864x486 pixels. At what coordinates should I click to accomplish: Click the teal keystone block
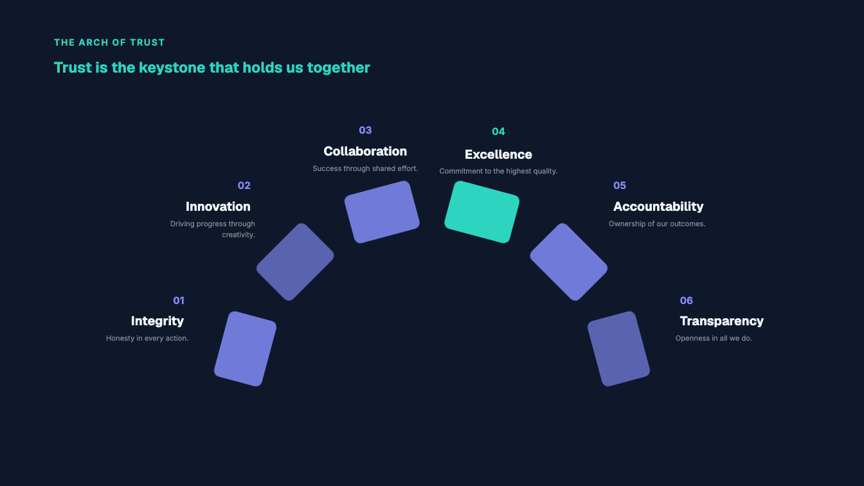pos(482,212)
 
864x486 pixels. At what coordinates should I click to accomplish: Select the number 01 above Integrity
pos(179,300)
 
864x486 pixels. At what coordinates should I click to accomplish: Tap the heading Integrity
pos(157,321)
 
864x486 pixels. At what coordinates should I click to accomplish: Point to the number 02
pos(244,186)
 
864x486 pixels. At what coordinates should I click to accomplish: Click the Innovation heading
pos(218,206)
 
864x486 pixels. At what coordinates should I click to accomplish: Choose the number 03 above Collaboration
pos(365,130)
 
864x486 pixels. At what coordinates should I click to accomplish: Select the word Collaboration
pos(365,151)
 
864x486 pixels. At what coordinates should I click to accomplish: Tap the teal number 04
pos(498,132)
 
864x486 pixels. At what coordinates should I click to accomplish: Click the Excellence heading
pos(498,154)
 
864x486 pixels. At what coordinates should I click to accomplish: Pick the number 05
pos(620,186)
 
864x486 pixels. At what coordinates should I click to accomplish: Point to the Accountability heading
pos(658,206)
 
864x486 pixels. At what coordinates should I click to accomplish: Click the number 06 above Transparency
pos(687,300)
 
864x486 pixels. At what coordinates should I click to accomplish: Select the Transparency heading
pos(722,321)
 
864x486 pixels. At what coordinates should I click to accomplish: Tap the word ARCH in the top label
pos(91,42)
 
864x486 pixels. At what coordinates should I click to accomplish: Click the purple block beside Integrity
pos(246,348)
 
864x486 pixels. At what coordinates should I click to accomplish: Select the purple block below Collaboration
pos(382,212)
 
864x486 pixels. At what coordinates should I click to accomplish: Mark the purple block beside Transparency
pos(618,348)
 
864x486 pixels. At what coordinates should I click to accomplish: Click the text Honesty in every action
pos(147,338)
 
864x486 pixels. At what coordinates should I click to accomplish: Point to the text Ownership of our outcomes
pos(657,224)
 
